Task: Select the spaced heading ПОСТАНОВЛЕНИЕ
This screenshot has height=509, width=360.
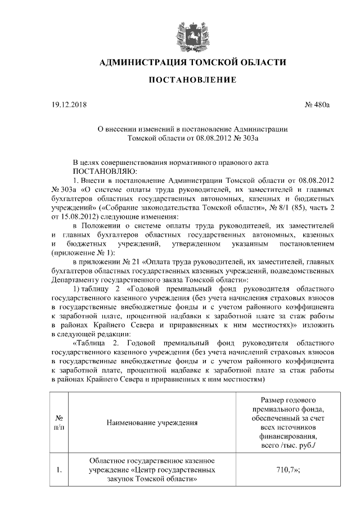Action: (x=188, y=82)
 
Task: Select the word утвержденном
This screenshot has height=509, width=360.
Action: (x=193, y=244)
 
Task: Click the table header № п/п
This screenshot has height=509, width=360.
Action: (x=59, y=423)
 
